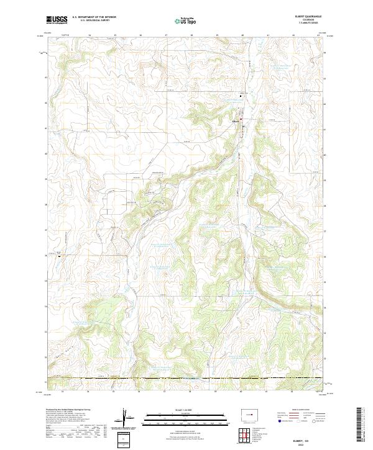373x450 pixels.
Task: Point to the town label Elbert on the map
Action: pos(236,120)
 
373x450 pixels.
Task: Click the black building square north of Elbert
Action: pos(242,96)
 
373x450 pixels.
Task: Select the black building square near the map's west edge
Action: pos(59,254)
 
